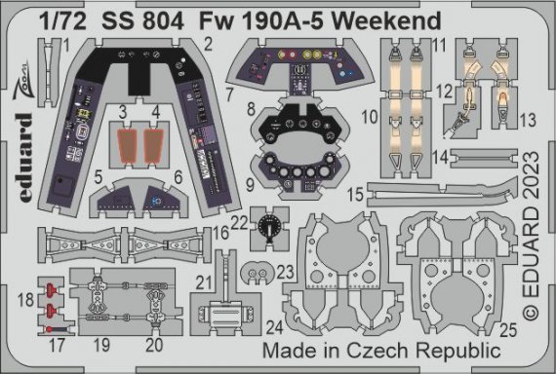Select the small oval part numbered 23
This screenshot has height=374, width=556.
pyautogui.click(x=259, y=268)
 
